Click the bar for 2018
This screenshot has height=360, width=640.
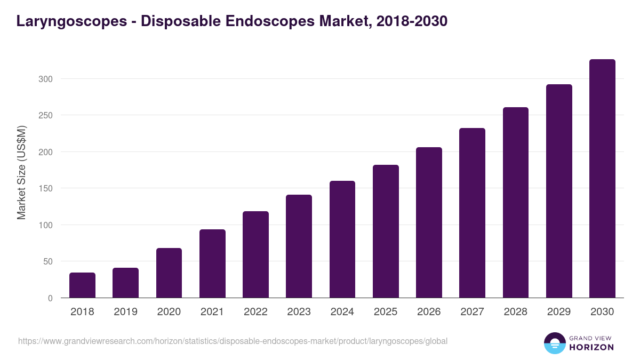click(82, 285)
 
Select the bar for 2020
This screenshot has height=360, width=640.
click(169, 273)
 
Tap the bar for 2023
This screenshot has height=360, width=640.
click(299, 246)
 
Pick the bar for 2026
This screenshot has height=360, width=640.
click(429, 222)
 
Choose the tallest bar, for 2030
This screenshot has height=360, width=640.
click(602, 179)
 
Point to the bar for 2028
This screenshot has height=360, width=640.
click(516, 203)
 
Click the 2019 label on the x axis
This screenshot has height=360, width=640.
click(125, 312)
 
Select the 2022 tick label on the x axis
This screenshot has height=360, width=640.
click(255, 312)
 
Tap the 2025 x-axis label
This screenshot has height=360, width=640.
click(386, 312)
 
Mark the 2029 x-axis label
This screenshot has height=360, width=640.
click(559, 312)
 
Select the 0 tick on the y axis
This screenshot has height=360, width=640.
click(50, 298)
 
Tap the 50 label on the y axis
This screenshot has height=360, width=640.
click(47, 261)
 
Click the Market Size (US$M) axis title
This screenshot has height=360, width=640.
click(21, 172)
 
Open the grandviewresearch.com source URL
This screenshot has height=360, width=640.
click(233, 341)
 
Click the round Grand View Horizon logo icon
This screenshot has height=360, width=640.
click(554, 343)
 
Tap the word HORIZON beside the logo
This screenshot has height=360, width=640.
click(591, 347)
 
